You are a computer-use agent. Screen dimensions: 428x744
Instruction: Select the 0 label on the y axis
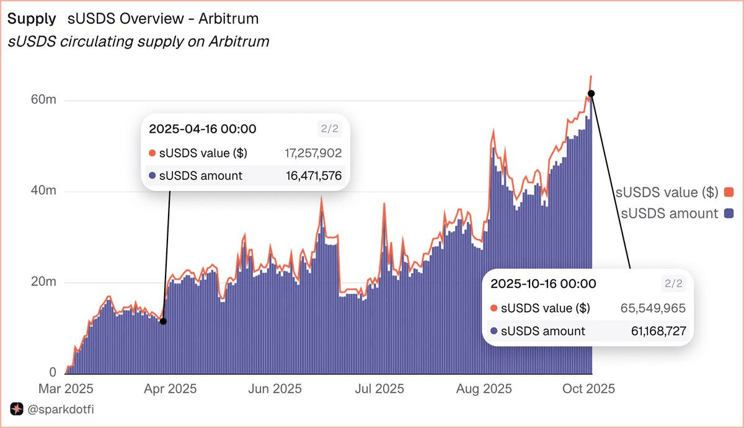tap(53, 373)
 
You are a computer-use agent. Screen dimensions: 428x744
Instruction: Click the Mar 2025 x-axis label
tap(66, 389)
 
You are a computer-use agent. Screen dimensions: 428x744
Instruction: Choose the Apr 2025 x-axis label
tap(170, 389)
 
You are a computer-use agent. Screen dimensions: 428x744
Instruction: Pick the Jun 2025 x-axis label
tap(275, 389)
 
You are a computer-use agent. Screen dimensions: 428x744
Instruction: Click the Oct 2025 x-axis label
tap(588, 389)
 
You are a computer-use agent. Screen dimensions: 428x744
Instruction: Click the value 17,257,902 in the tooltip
tap(312, 153)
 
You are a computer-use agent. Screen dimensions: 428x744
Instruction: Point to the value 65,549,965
tap(653, 308)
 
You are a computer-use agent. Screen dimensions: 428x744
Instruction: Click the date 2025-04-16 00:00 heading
tap(203, 129)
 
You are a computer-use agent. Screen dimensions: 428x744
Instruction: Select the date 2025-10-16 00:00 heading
tap(543, 284)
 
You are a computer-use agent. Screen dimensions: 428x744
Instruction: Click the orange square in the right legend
tap(728, 192)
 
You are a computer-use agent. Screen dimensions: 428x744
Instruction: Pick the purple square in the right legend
tap(728, 213)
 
